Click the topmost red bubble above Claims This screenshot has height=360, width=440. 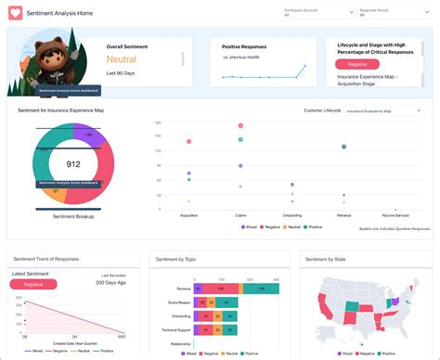click(x=239, y=124)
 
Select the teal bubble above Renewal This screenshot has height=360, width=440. click(x=343, y=147)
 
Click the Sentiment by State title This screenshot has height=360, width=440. click(x=326, y=259)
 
